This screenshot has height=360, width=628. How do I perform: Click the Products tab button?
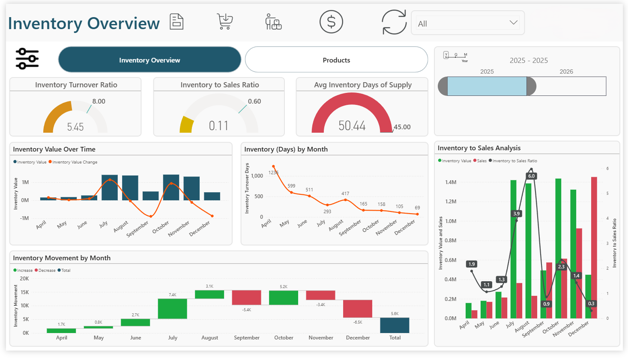pyautogui.click(x=336, y=60)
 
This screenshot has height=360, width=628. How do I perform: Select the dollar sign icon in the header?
pyautogui.click(x=331, y=22)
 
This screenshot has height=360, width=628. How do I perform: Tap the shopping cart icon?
pyautogui.click(x=224, y=21)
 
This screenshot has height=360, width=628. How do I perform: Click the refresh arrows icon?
pyautogui.click(x=394, y=22)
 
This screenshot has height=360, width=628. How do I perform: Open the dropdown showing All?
pyautogui.click(x=467, y=23)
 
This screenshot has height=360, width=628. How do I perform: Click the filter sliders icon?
pyautogui.click(x=27, y=59)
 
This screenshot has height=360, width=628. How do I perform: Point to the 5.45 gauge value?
pyautogui.click(x=75, y=127)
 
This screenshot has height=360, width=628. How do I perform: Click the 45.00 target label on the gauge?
pyautogui.click(x=402, y=127)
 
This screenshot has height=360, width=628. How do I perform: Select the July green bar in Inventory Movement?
pyautogui.click(x=172, y=309)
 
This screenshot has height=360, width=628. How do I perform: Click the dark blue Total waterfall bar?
pyautogui.click(x=395, y=325)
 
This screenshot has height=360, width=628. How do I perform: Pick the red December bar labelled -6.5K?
pyautogui.click(x=358, y=309)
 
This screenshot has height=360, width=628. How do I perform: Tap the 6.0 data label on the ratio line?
pyautogui.click(x=531, y=176)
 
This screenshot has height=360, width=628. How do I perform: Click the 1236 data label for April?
pyautogui.click(x=273, y=173)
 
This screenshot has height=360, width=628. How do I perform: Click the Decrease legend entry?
pyautogui.click(x=47, y=271)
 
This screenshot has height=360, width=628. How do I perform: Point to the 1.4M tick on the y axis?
pyautogui.click(x=451, y=182)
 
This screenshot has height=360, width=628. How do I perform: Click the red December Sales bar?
pyautogui.click(x=594, y=247)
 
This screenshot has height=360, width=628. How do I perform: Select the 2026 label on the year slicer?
pyautogui.click(x=566, y=71)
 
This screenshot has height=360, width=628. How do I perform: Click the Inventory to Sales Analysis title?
pyautogui.click(x=479, y=148)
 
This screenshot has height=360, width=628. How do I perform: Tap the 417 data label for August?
pyautogui.click(x=345, y=193)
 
